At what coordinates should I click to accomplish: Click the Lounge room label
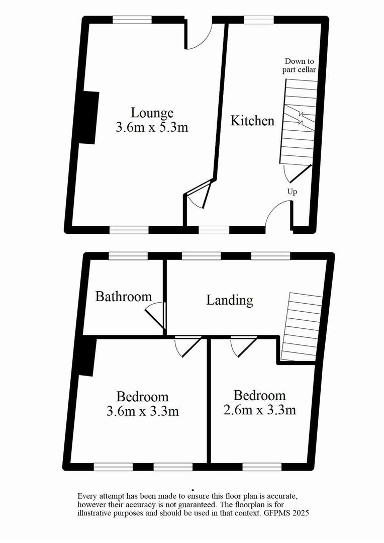[152, 113]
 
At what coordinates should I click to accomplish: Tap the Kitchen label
[252, 121]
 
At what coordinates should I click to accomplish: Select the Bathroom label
[124, 296]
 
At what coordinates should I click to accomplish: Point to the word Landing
[230, 300]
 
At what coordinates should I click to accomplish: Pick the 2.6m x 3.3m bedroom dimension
[259, 410]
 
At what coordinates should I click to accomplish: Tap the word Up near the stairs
[292, 192]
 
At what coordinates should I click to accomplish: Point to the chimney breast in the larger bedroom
[86, 357]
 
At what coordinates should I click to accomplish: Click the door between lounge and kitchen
[199, 195]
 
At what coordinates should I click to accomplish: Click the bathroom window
[128, 256]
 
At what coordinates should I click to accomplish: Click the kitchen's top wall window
[259, 20]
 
